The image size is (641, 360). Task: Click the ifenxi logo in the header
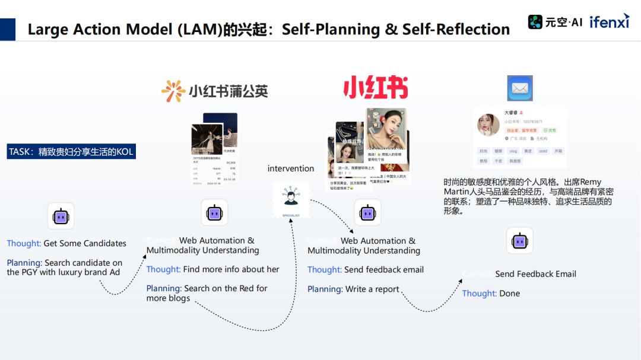click(610, 21)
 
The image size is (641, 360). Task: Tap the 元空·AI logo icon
click(536, 22)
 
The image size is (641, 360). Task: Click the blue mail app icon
click(519, 88)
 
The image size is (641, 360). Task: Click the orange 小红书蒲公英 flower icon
click(173, 91)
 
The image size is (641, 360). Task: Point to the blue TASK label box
click(71, 152)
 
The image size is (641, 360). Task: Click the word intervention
click(291, 168)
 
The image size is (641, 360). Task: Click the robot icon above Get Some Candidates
click(61, 216)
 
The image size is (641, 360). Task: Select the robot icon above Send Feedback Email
click(519, 240)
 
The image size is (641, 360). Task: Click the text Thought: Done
click(491, 293)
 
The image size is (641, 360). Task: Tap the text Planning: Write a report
click(353, 289)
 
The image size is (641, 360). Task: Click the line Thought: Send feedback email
click(366, 270)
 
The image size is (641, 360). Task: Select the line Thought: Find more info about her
click(212, 269)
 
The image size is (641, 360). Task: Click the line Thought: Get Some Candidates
click(66, 243)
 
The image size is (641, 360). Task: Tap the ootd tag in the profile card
click(543, 151)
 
